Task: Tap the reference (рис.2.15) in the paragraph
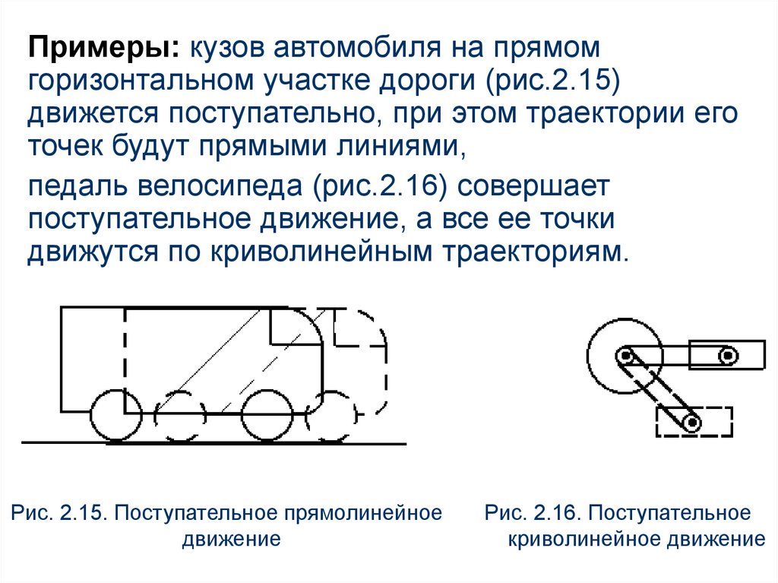(x=552, y=81)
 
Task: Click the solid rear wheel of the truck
(x=116, y=416)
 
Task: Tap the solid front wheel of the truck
(x=267, y=416)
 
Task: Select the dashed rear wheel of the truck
(x=179, y=416)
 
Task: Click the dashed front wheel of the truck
(x=331, y=416)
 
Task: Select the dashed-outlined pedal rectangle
(x=694, y=408)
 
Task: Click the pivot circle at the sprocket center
(x=625, y=356)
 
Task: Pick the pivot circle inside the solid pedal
(x=729, y=356)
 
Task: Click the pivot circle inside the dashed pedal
(x=691, y=423)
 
